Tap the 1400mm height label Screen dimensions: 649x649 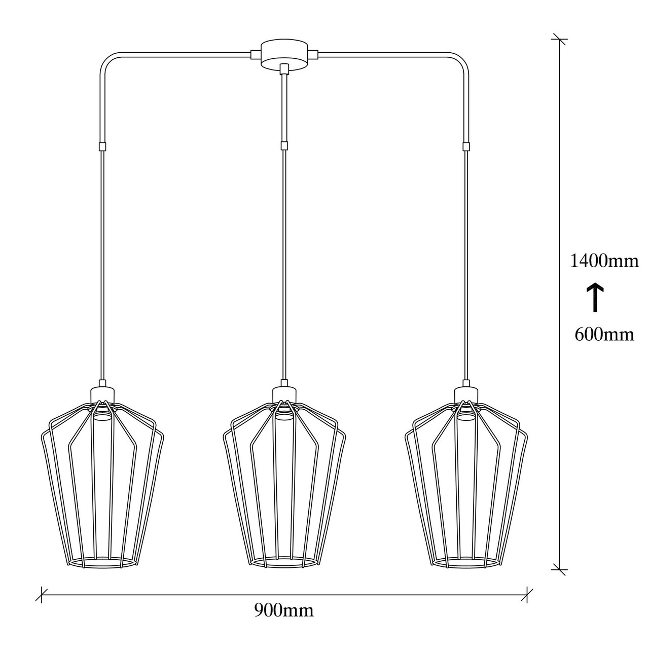[604, 261]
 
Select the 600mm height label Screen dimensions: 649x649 [604, 335]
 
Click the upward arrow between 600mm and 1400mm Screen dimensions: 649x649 [595, 297]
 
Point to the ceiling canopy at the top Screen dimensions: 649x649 [284, 55]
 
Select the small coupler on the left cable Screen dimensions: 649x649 [102, 147]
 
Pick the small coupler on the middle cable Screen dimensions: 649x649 [284, 146]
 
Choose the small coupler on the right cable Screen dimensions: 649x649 [466, 147]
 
